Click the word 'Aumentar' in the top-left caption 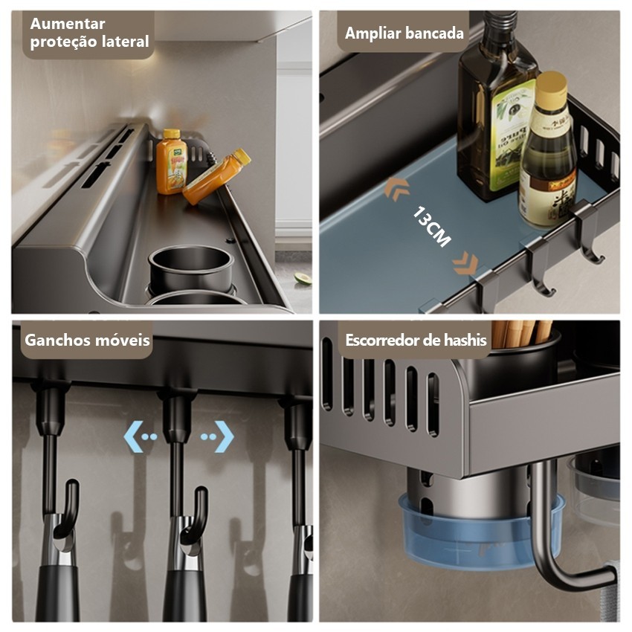pos(68,24)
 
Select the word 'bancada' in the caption pos(434,33)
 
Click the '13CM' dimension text pos(431,227)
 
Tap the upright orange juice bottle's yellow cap pos(172,134)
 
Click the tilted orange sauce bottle pos(216,176)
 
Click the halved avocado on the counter pos(303,279)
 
